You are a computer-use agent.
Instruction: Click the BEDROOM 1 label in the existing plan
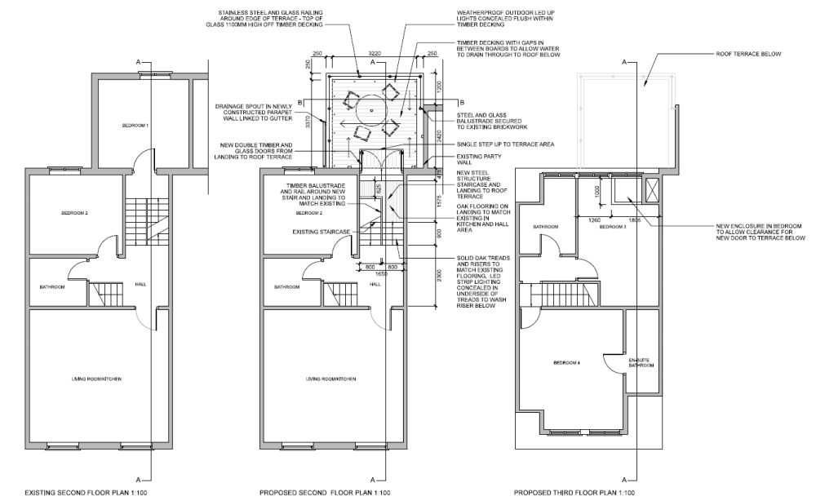click(x=135, y=125)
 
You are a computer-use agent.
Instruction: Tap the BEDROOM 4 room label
click(x=566, y=362)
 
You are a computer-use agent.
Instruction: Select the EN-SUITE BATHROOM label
click(x=641, y=362)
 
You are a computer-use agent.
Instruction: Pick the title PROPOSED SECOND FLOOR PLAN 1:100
click(x=325, y=493)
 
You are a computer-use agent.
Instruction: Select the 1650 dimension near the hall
click(x=380, y=275)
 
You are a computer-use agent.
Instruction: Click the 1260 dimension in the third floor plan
click(x=595, y=219)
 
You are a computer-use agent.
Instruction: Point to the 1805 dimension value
click(x=635, y=219)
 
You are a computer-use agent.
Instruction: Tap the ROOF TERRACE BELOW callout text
click(x=748, y=55)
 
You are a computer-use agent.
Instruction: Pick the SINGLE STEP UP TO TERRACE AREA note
click(x=504, y=144)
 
